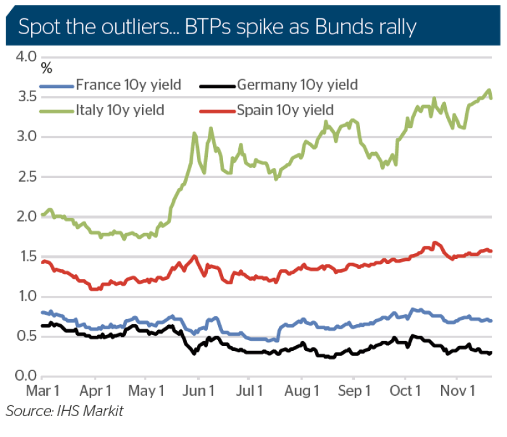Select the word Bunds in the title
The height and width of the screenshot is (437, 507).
tap(342, 28)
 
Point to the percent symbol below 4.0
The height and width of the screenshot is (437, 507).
tap(47, 66)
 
